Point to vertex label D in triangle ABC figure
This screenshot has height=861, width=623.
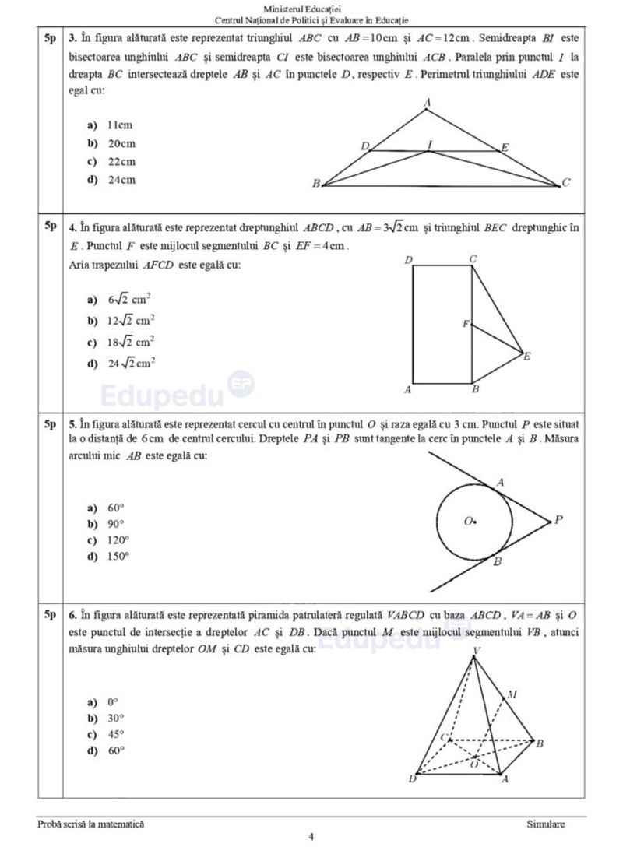point(365,146)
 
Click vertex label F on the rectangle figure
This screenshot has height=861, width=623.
point(466,324)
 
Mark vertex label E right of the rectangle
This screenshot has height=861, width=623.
point(527,357)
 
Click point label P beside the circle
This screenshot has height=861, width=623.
point(558,521)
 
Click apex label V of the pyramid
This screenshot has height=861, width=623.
point(477,650)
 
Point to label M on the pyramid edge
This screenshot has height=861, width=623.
point(511,693)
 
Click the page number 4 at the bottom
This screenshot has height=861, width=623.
point(311,838)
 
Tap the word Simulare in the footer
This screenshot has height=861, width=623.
point(545,823)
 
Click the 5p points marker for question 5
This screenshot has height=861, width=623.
point(50,424)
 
